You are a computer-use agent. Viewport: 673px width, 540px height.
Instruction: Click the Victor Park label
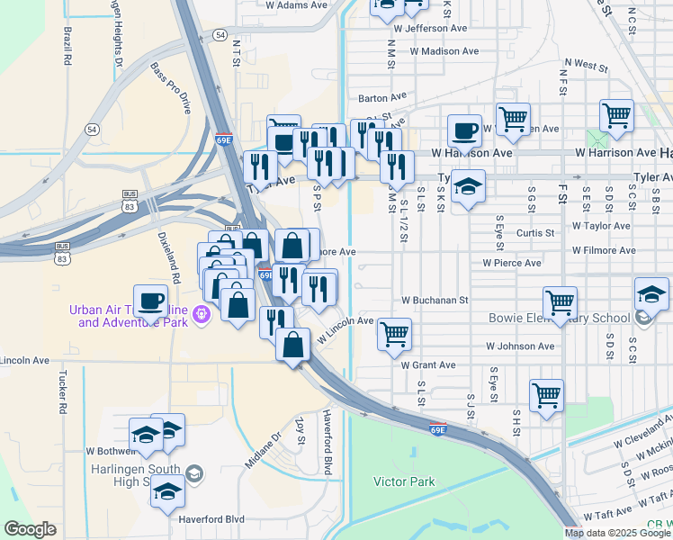point(404,481)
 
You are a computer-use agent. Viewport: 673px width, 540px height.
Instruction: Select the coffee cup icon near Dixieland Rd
point(150,301)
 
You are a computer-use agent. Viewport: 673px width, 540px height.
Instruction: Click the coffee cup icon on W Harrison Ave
point(464,131)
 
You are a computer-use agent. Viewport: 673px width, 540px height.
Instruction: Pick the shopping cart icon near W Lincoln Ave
point(394,334)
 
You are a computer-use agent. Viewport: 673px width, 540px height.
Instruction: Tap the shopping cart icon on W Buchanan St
point(560,303)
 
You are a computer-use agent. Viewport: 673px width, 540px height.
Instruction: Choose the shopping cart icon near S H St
point(546,395)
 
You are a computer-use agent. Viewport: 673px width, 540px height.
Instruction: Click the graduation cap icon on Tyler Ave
point(468,186)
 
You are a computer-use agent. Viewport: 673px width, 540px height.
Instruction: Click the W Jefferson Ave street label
point(430,29)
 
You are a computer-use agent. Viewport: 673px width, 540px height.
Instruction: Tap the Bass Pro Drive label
point(171,88)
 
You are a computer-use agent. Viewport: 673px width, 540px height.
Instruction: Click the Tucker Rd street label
point(63,391)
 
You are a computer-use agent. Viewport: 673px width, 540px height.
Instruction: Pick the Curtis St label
point(534,233)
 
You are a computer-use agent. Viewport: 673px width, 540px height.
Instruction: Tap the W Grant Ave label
point(428,365)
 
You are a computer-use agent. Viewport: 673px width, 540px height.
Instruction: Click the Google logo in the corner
point(30,529)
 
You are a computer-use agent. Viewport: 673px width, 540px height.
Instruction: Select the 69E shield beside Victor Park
point(437,427)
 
